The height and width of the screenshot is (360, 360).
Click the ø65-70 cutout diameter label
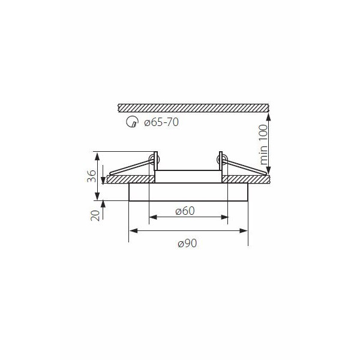tap(161, 122)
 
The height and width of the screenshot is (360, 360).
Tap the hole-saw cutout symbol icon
tap(132, 122)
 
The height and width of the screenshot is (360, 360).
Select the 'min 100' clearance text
tap(264, 145)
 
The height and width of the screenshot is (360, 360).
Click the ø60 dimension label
tap(185, 211)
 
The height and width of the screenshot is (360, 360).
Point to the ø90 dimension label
tap(187, 243)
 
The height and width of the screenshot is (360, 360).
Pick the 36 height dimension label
tap(92, 176)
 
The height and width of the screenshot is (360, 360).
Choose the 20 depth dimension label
tap(95, 215)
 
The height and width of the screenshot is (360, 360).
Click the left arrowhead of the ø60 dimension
tap(153, 217)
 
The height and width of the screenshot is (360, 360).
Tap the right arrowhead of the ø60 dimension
tap(224, 217)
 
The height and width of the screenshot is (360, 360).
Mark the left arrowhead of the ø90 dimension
tap(133, 231)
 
